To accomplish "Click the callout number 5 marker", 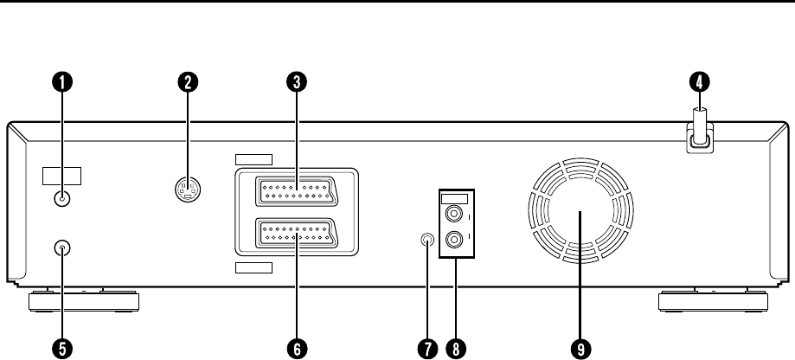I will pos(62,347).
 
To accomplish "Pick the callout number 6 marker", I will pos(296,347).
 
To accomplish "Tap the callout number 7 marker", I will pos(426,347).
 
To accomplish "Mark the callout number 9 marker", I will pos(579,347).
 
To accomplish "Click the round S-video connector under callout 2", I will pos(188,190).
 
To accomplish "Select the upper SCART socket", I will pos(296,190).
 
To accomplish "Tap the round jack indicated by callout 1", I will pos(62,198).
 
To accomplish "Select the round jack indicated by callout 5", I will pos(62,248).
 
